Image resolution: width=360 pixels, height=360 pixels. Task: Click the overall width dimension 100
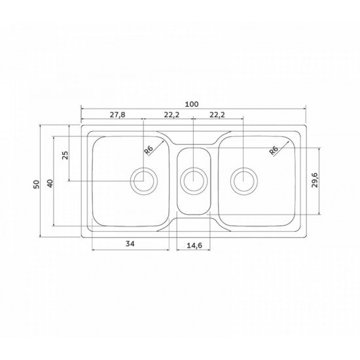pyautogui.click(x=192, y=104)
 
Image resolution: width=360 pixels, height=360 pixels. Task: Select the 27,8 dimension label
pyautogui.click(x=117, y=115)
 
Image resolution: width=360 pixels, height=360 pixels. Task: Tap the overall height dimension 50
pyautogui.click(x=37, y=185)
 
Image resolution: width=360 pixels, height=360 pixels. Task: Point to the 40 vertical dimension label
pyautogui.click(x=50, y=183)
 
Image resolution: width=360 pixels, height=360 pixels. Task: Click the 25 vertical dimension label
pyautogui.click(x=65, y=155)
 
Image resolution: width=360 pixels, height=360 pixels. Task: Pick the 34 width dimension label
pyautogui.click(x=130, y=243)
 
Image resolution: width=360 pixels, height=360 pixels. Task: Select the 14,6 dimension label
pyautogui.click(x=194, y=245)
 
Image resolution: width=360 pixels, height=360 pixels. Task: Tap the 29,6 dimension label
pyautogui.click(x=315, y=180)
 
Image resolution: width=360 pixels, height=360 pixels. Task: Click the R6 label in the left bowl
pyautogui.click(x=149, y=151)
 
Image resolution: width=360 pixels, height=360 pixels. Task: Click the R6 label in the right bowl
pyautogui.click(x=274, y=151)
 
